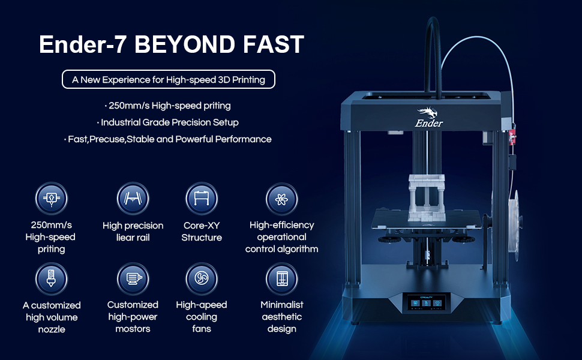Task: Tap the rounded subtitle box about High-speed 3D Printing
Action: click(168, 79)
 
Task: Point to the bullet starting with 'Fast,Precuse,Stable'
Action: click(168, 139)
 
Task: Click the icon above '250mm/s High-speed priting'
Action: click(51, 199)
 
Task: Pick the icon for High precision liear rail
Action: click(133, 199)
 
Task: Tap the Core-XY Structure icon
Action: click(202, 199)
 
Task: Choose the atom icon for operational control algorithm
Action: click(281, 199)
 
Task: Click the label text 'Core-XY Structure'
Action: click(202, 232)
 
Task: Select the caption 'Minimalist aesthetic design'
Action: click(281, 317)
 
